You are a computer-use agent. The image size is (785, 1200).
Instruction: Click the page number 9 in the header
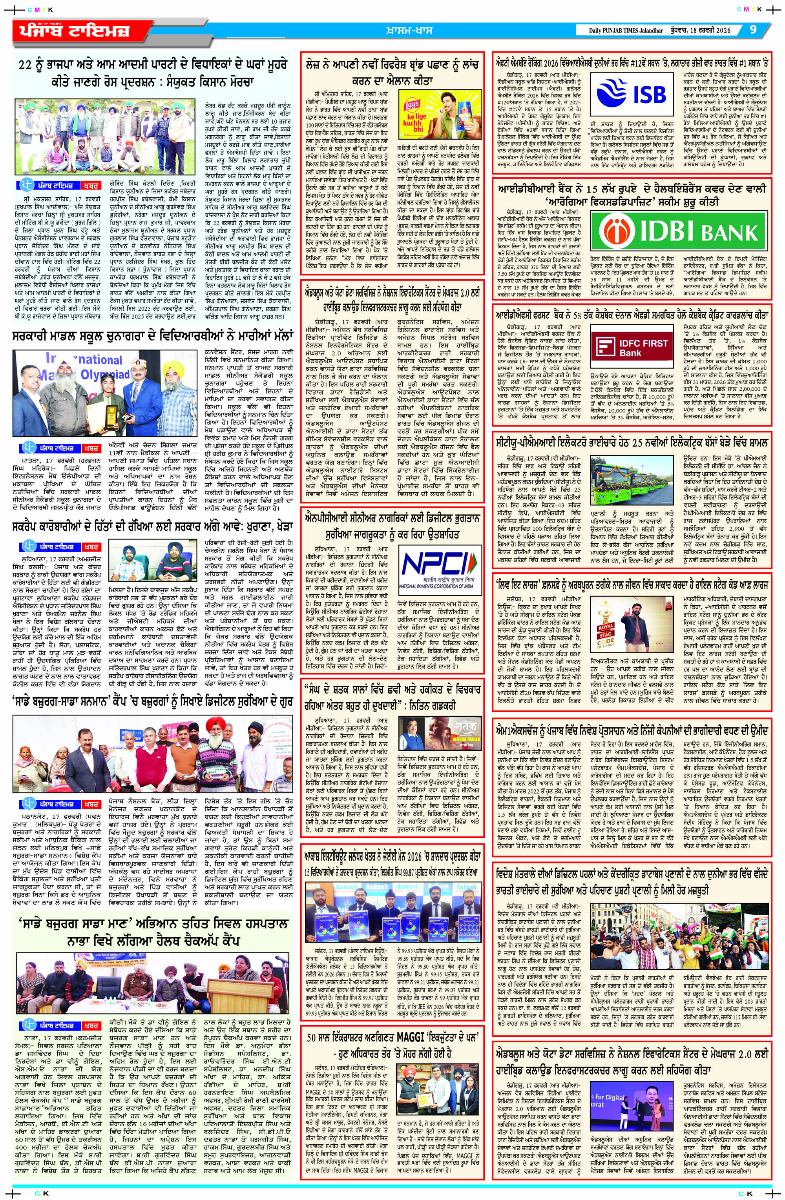[753, 30]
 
